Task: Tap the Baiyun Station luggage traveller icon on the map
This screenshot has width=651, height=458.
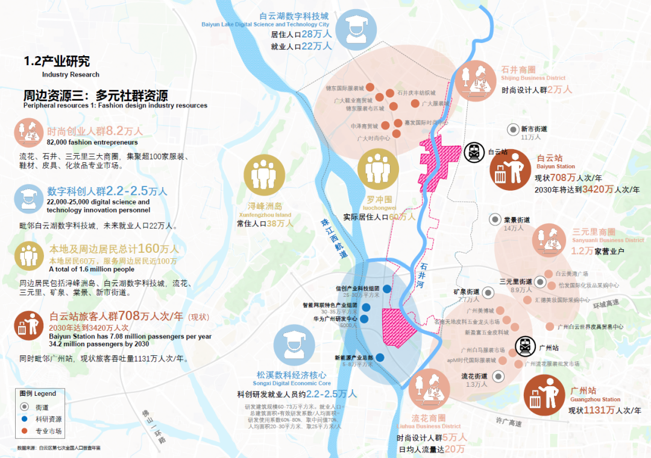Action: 510,170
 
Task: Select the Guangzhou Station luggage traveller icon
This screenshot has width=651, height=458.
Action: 544,396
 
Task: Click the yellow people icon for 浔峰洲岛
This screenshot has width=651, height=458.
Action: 263,174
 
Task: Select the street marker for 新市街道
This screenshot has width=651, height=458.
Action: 513,129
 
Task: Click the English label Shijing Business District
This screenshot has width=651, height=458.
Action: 533,78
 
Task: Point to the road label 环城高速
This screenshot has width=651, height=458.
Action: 605,305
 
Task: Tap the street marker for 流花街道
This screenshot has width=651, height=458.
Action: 498,376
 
